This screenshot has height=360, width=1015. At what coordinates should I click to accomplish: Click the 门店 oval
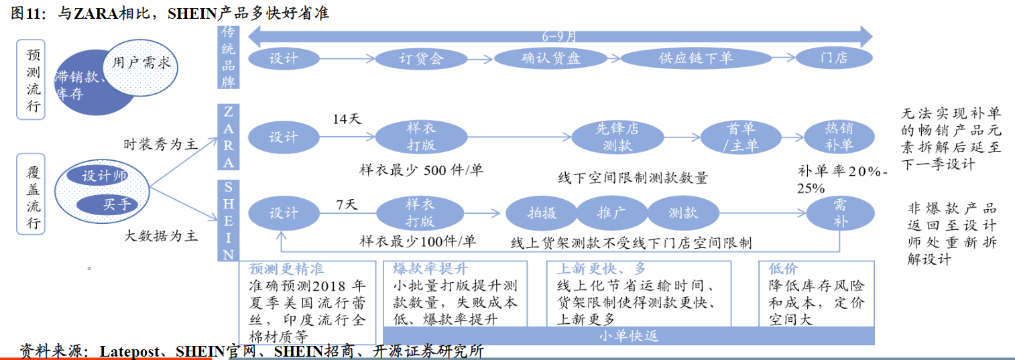(835, 58)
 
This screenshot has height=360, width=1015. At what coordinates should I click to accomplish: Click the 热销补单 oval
(839, 137)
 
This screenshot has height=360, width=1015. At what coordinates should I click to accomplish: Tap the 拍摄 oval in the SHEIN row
(542, 214)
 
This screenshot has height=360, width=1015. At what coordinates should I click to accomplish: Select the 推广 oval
(611, 214)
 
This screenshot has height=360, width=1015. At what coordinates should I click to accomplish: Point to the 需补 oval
(840, 214)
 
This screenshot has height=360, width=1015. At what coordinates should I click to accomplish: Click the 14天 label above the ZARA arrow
(347, 119)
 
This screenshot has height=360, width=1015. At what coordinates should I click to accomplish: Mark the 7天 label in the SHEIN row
(347, 204)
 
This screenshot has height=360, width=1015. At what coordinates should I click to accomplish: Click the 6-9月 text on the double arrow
(558, 36)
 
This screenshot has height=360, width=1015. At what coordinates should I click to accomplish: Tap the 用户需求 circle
(141, 64)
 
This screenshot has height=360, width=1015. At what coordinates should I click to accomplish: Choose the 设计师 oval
(105, 176)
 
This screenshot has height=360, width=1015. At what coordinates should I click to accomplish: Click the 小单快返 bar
(628, 336)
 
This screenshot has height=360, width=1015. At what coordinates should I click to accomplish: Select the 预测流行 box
(32, 79)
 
